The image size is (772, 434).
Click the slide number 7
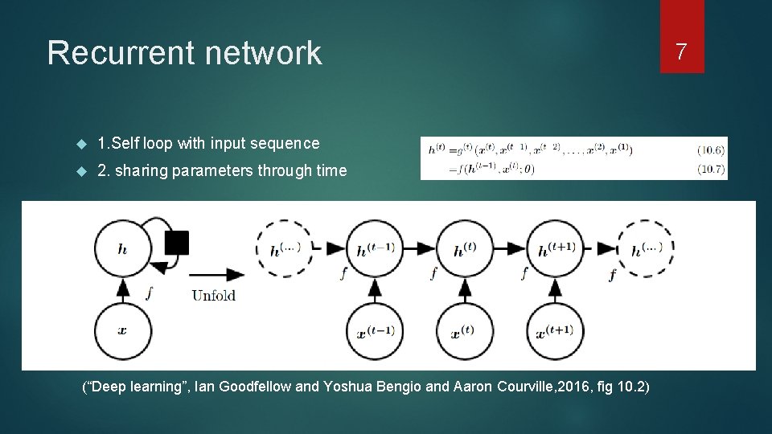coord(681,52)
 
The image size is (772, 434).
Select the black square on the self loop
coord(176,243)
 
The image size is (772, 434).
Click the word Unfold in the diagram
coord(213,295)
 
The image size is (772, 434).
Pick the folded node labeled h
coord(122,248)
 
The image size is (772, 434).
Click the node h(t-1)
coord(374,248)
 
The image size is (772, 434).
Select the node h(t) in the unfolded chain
coord(464,248)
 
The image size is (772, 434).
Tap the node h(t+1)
coord(555,248)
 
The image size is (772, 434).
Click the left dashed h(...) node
coord(284,248)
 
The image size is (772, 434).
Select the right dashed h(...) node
coord(646,248)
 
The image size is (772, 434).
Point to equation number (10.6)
coord(712,149)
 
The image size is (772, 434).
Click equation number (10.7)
coord(712,169)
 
